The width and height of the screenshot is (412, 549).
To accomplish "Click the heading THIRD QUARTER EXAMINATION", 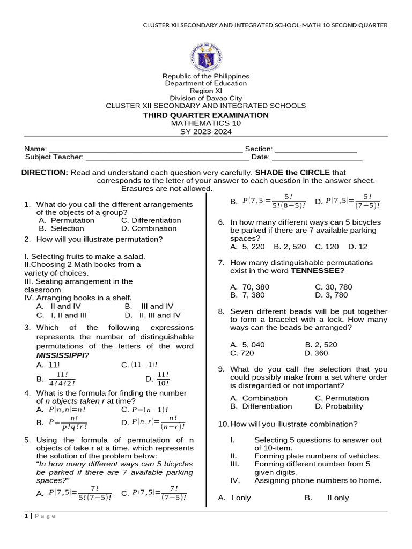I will click(206, 115).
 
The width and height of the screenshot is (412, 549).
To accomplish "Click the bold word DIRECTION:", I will click(45, 173).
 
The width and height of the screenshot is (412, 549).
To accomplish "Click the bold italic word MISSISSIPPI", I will click(60, 355).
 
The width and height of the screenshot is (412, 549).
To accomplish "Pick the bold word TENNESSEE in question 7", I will click(317, 271).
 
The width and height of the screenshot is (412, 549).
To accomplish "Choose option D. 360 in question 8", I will click(316, 353).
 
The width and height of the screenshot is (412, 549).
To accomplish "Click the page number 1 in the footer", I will click(26, 516).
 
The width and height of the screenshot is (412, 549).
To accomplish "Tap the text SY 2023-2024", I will click(206, 132).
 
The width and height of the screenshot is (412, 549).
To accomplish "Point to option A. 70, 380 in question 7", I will click(249, 287).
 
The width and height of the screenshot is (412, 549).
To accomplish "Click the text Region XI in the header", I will click(206, 91).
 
